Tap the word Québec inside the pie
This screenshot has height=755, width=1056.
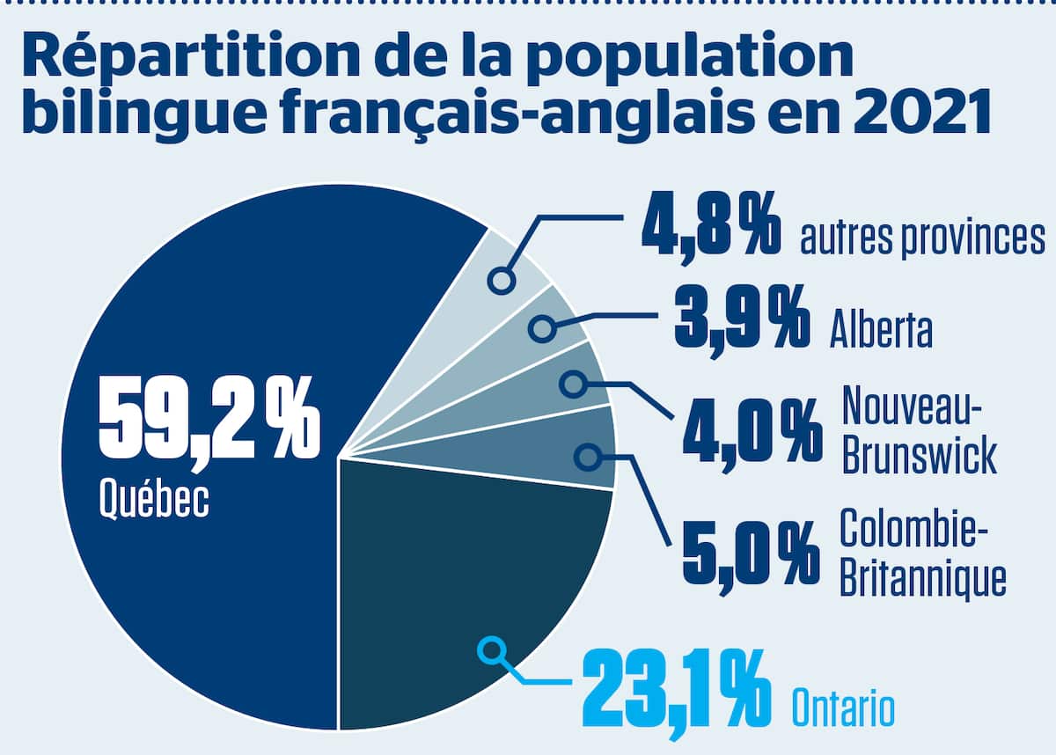click(x=155, y=499)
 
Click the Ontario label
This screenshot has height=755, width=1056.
click(x=843, y=707)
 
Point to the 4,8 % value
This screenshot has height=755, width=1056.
click(x=709, y=228)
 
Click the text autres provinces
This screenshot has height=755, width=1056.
click(x=922, y=238)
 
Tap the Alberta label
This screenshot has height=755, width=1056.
click(x=881, y=331)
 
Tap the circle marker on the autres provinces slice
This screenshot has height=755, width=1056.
click(x=502, y=281)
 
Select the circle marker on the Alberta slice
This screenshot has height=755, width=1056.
click(x=541, y=330)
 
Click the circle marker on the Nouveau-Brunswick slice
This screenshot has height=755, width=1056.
click(x=573, y=384)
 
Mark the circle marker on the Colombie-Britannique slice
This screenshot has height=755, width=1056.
click(x=587, y=456)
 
